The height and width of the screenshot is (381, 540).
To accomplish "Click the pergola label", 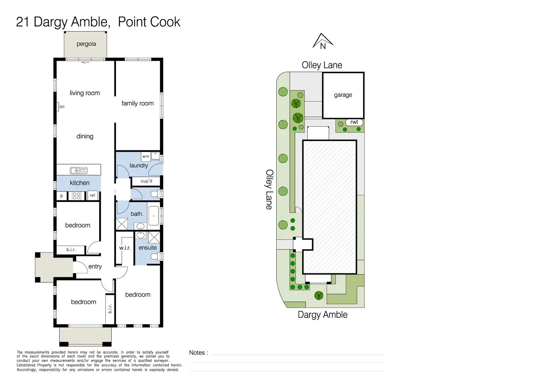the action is coord(86,44).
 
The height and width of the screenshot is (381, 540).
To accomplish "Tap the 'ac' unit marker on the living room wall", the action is coord(61,107).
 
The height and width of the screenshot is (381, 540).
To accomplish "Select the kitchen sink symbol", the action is coord(79,170).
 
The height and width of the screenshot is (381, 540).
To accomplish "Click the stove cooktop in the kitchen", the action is coord(76,196).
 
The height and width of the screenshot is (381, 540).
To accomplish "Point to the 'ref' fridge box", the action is coord(92,196).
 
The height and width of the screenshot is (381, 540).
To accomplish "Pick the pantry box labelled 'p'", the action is coord(62,196).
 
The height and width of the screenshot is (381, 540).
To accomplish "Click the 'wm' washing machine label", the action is coord(146,156).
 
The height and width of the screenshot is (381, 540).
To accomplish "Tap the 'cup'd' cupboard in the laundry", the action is coord(146,181).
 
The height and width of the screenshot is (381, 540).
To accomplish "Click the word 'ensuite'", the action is coord(147,248).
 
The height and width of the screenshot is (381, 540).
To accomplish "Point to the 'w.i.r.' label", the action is coord(125,248).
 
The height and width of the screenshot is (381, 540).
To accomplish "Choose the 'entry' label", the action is coord(95,267).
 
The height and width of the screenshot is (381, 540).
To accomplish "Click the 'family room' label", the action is coord(138,103).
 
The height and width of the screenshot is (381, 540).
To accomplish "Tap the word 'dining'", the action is coord(85,136).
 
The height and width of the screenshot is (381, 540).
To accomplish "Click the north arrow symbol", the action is coord(322,41).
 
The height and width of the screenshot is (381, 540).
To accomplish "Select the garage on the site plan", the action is coord(343,95).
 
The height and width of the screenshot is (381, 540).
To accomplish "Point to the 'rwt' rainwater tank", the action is coord(354,122).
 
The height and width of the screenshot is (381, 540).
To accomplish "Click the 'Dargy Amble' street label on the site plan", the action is coord(322,315).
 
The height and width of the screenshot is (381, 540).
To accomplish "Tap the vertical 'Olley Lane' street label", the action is coord(269,189).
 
